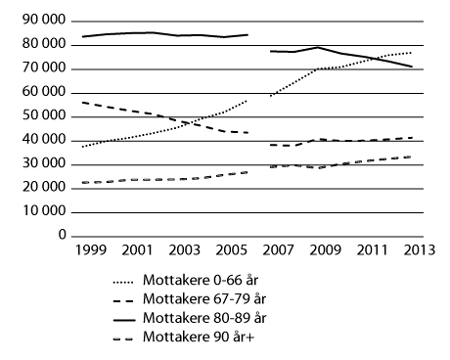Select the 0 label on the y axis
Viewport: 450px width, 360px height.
point(61,236)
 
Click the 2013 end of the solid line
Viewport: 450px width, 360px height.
point(413,67)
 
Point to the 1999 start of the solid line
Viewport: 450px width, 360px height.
point(82,36)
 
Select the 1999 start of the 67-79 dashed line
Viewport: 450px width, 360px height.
point(82,102)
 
